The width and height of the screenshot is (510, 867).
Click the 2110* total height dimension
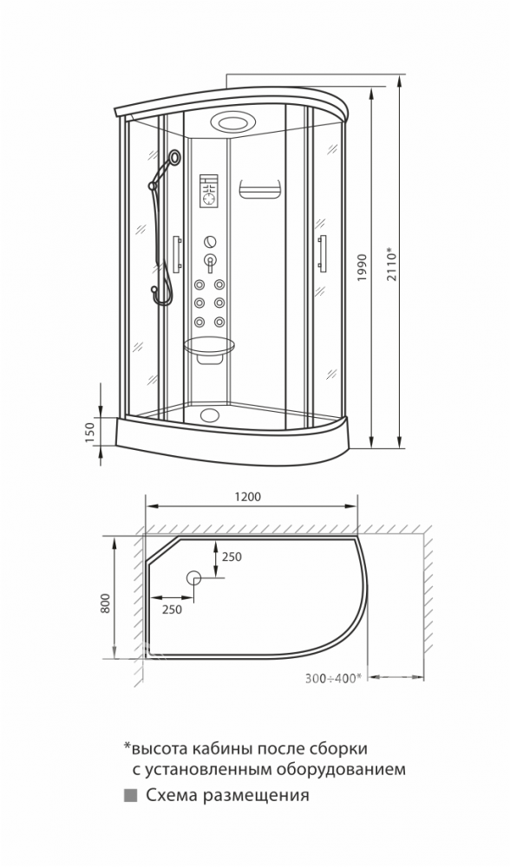[392, 266]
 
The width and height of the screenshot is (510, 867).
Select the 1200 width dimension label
[247, 497]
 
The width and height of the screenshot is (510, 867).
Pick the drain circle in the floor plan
[193, 577]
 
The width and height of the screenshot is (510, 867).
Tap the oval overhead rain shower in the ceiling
[229, 121]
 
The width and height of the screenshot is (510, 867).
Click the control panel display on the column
[208, 192]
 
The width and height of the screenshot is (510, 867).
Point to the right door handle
[322, 253]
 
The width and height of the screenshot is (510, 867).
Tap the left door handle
[176, 254]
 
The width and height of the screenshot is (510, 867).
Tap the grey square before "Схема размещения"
[131, 795]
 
